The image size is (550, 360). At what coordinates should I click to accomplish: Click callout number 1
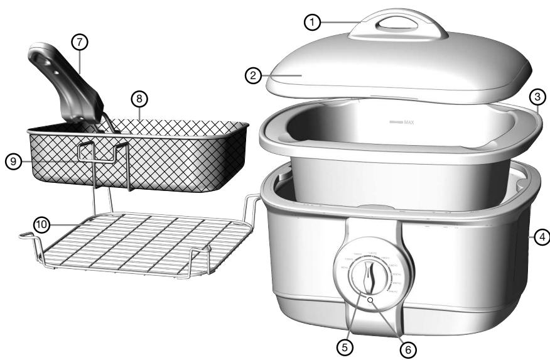[x=313, y=21]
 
